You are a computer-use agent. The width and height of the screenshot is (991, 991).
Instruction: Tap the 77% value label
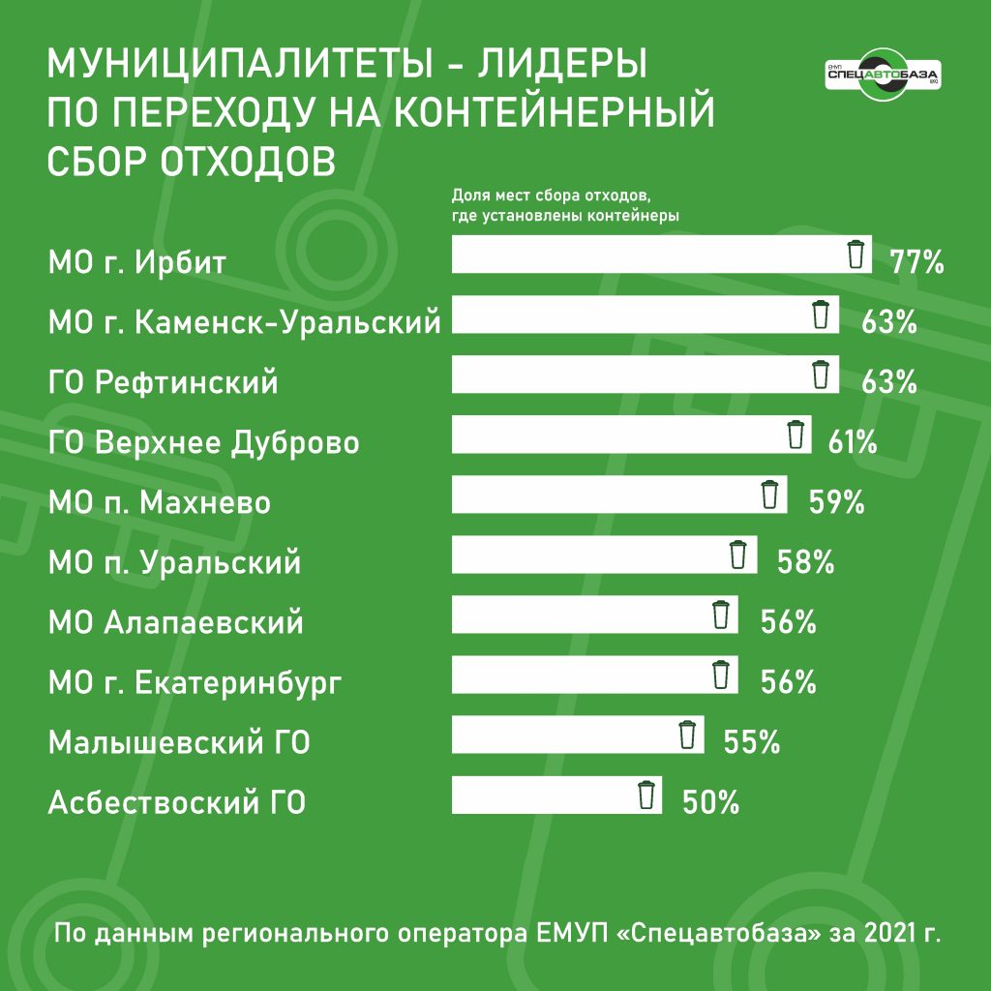coord(916,261)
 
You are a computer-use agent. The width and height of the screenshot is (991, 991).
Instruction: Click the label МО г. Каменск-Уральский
coord(245,321)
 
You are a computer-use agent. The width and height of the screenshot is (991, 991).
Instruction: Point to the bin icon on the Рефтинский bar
coord(820,375)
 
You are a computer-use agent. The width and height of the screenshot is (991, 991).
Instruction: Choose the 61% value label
coord(853,442)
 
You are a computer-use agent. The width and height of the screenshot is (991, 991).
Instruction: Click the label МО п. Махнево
coord(160,503)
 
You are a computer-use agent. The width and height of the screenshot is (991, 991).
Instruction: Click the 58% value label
coord(805,562)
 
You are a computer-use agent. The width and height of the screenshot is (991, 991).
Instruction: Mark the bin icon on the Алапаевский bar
coord(720,616)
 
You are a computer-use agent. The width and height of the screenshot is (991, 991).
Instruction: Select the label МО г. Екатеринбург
coord(195,684)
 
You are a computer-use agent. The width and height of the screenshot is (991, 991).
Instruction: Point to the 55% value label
coord(752,742)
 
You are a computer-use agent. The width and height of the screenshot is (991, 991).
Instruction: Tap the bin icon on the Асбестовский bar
coord(646,796)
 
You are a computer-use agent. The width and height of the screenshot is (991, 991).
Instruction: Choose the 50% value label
coord(711,802)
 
